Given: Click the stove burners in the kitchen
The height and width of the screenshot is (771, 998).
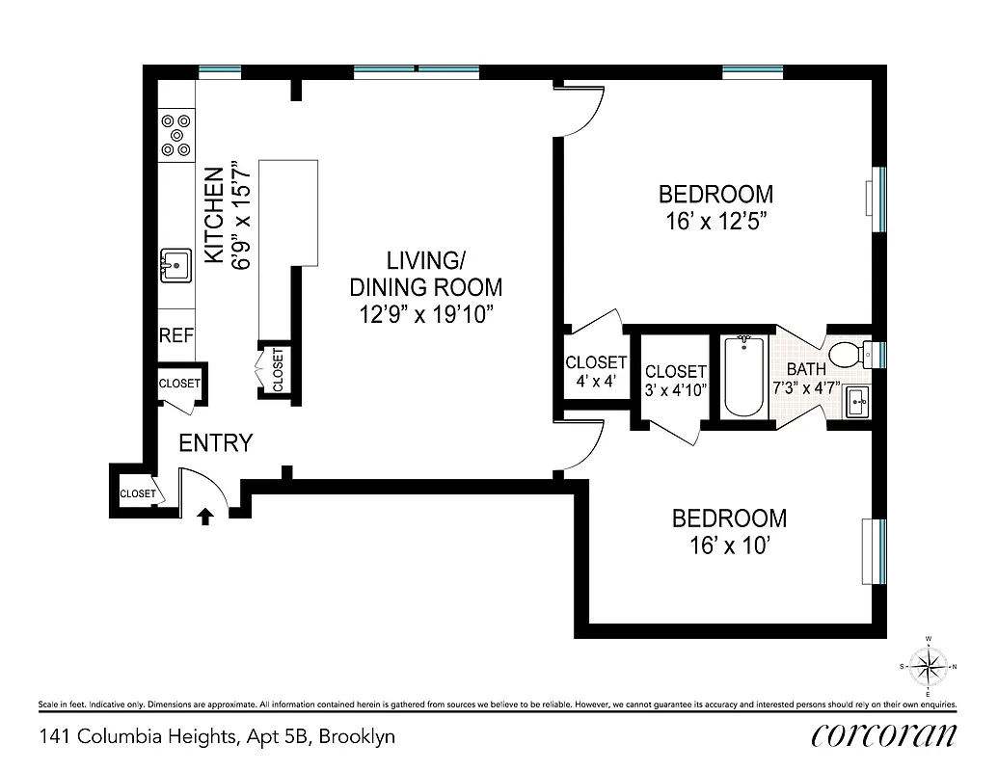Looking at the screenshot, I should [175, 135].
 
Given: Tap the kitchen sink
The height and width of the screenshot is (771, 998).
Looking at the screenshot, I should [175, 264].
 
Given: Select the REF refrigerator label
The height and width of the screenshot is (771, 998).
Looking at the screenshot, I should [176, 336].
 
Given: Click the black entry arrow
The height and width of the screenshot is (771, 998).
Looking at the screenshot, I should [204, 517].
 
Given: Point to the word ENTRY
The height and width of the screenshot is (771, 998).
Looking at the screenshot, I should [216, 443].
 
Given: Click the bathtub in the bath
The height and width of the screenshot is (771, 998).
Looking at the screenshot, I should [743, 376].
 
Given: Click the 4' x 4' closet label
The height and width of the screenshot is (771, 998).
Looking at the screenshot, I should [596, 380].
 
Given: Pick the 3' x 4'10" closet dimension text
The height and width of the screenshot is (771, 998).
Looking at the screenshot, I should [676, 389].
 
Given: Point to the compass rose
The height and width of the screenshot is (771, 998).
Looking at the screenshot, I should [928, 666].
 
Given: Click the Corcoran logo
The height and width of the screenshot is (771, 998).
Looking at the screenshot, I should [884, 735].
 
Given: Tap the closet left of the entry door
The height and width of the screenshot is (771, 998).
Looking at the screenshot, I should [136, 492].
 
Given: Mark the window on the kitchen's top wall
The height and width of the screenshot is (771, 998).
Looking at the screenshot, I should [219, 71].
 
